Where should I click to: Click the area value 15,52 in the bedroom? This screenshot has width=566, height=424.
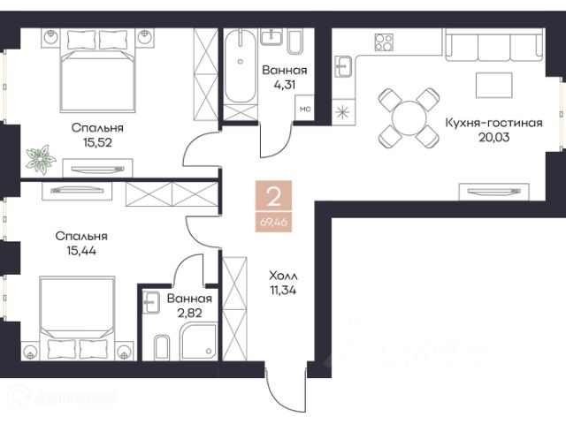[x=97, y=142]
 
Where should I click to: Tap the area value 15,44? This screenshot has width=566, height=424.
[x=81, y=251]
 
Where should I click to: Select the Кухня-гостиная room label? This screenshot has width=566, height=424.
[x=493, y=123]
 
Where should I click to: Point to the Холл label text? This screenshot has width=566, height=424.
[x=283, y=276]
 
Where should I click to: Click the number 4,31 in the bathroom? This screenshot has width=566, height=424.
[x=285, y=85]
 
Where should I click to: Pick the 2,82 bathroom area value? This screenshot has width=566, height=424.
[x=189, y=313]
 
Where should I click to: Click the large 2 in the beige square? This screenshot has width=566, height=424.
[x=273, y=196]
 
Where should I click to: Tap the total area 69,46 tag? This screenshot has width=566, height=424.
[x=273, y=222]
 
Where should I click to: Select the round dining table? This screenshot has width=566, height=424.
[x=409, y=118]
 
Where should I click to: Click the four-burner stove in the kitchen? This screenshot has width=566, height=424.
[x=384, y=42]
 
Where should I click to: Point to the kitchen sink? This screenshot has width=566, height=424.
[x=343, y=66]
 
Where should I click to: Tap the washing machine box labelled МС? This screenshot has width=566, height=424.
[x=304, y=108]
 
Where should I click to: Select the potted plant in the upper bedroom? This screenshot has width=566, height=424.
[x=41, y=159]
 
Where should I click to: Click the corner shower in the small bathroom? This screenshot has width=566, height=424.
[x=198, y=342]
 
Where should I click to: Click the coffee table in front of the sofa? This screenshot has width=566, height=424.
[x=493, y=85]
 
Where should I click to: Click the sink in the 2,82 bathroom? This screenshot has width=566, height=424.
[x=151, y=302]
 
